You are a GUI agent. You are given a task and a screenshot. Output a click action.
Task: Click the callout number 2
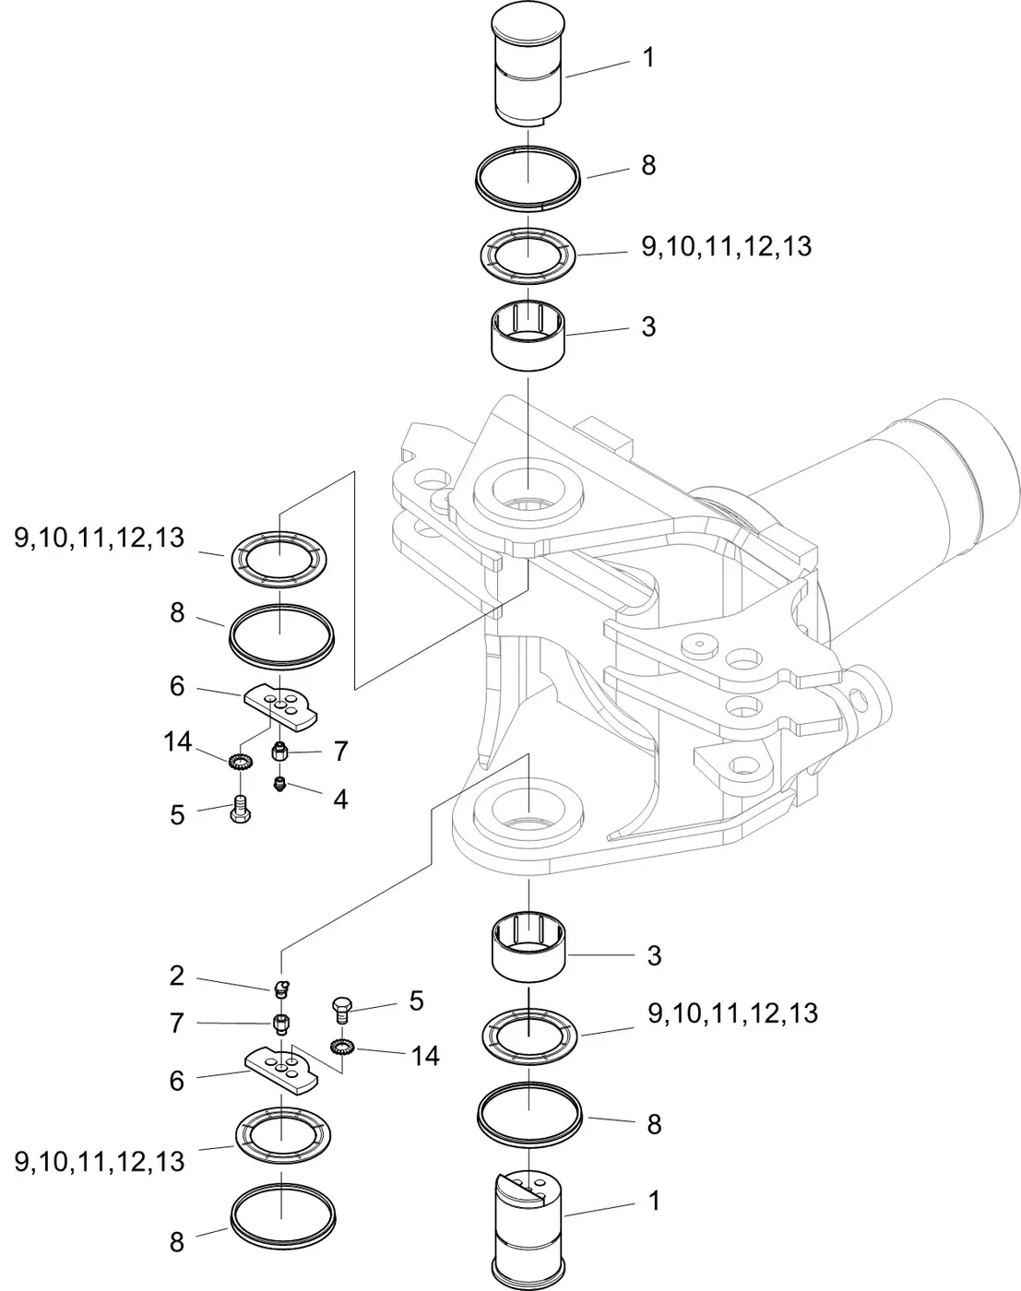click(x=176, y=976)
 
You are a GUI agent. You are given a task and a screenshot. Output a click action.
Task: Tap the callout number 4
click(x=340, y=799)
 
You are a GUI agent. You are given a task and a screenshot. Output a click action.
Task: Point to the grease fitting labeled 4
click(x=279, y=784)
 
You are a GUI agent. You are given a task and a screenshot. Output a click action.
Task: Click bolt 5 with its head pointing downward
click(x=241, y=810)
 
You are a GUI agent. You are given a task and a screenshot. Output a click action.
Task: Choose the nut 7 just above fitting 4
click(x=279, y=752)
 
